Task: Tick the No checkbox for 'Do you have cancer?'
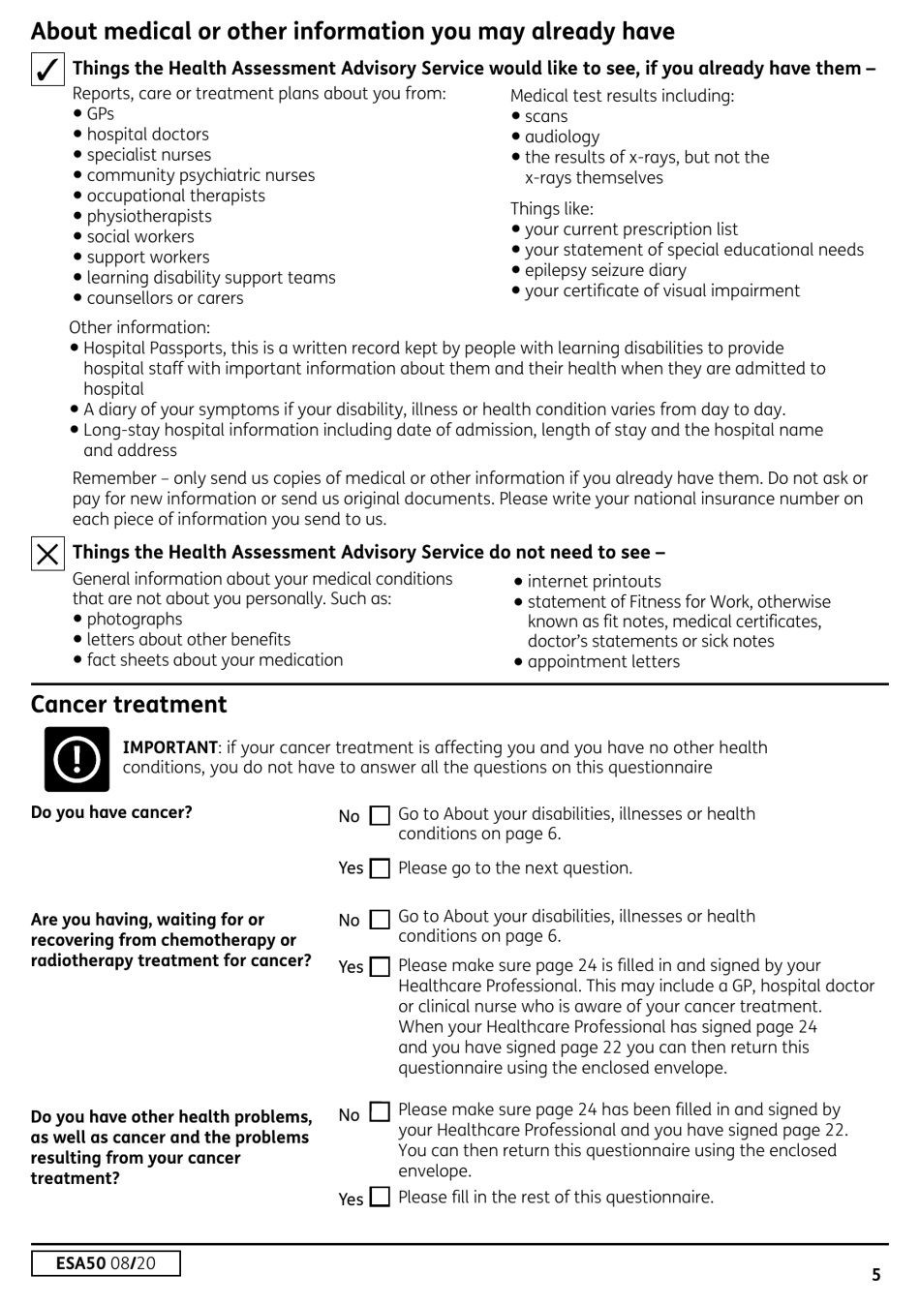(x=381, y=816)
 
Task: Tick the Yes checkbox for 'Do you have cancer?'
(x=381, y=868)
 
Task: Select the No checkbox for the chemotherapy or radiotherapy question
(x=381, y=920)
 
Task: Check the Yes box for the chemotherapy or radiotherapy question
(x=381, y=967)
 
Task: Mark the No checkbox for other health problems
(x=381, y=1112)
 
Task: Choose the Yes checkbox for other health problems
(x=381, y=1198)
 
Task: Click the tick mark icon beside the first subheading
(x=47, y=70)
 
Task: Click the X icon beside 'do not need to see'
(x=47, y=554)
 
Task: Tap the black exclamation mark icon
(x=77, y=759)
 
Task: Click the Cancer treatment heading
(x=129, y=704)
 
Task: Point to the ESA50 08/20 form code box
(x=106, y=1263)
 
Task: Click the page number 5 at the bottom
(x=875, y=1274)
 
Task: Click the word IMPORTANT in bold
(x=169, y=747)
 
